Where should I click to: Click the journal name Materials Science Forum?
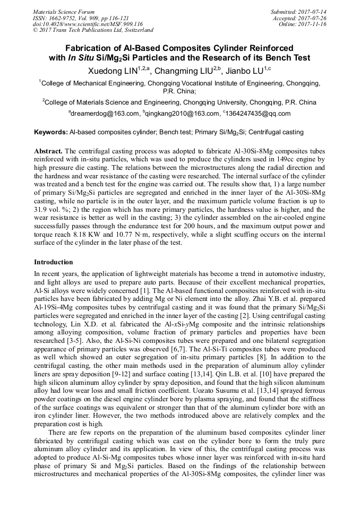64,12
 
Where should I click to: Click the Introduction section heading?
54,262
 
